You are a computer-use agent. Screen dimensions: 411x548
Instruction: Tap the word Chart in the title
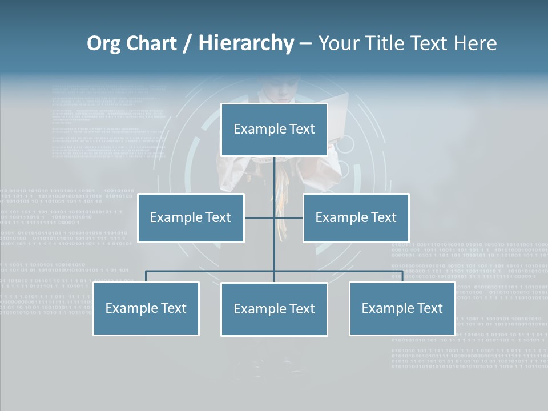[x=148, y=43]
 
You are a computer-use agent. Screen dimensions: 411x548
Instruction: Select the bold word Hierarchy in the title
[x=246, y=43]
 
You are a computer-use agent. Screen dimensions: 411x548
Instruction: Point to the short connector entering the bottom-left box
[x=146, y=276]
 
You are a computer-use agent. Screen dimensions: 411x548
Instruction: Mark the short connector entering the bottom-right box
[x=402, y=276]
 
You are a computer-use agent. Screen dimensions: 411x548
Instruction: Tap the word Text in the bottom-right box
[x=429, y=308]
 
